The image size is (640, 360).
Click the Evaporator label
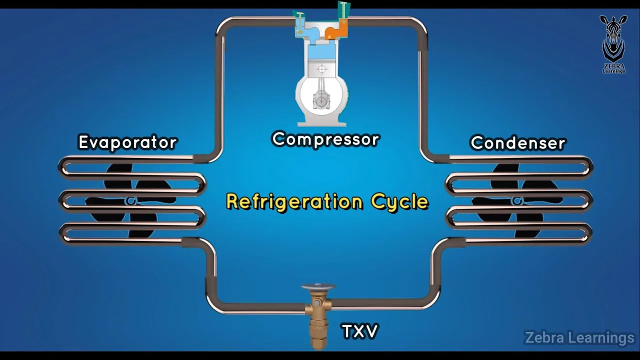coord(128,142)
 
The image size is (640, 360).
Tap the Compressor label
coord(325,139)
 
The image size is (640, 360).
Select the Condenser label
coord(518,143)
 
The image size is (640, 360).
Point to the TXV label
coord(359,331)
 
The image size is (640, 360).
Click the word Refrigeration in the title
coord(294,201)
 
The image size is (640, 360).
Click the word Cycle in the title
coord(399,202)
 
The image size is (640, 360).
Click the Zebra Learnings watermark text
coord(579,338)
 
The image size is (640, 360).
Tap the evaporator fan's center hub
coord(131,201)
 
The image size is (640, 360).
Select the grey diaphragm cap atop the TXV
coord(318,287)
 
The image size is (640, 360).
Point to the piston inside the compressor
coord(322,68)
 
